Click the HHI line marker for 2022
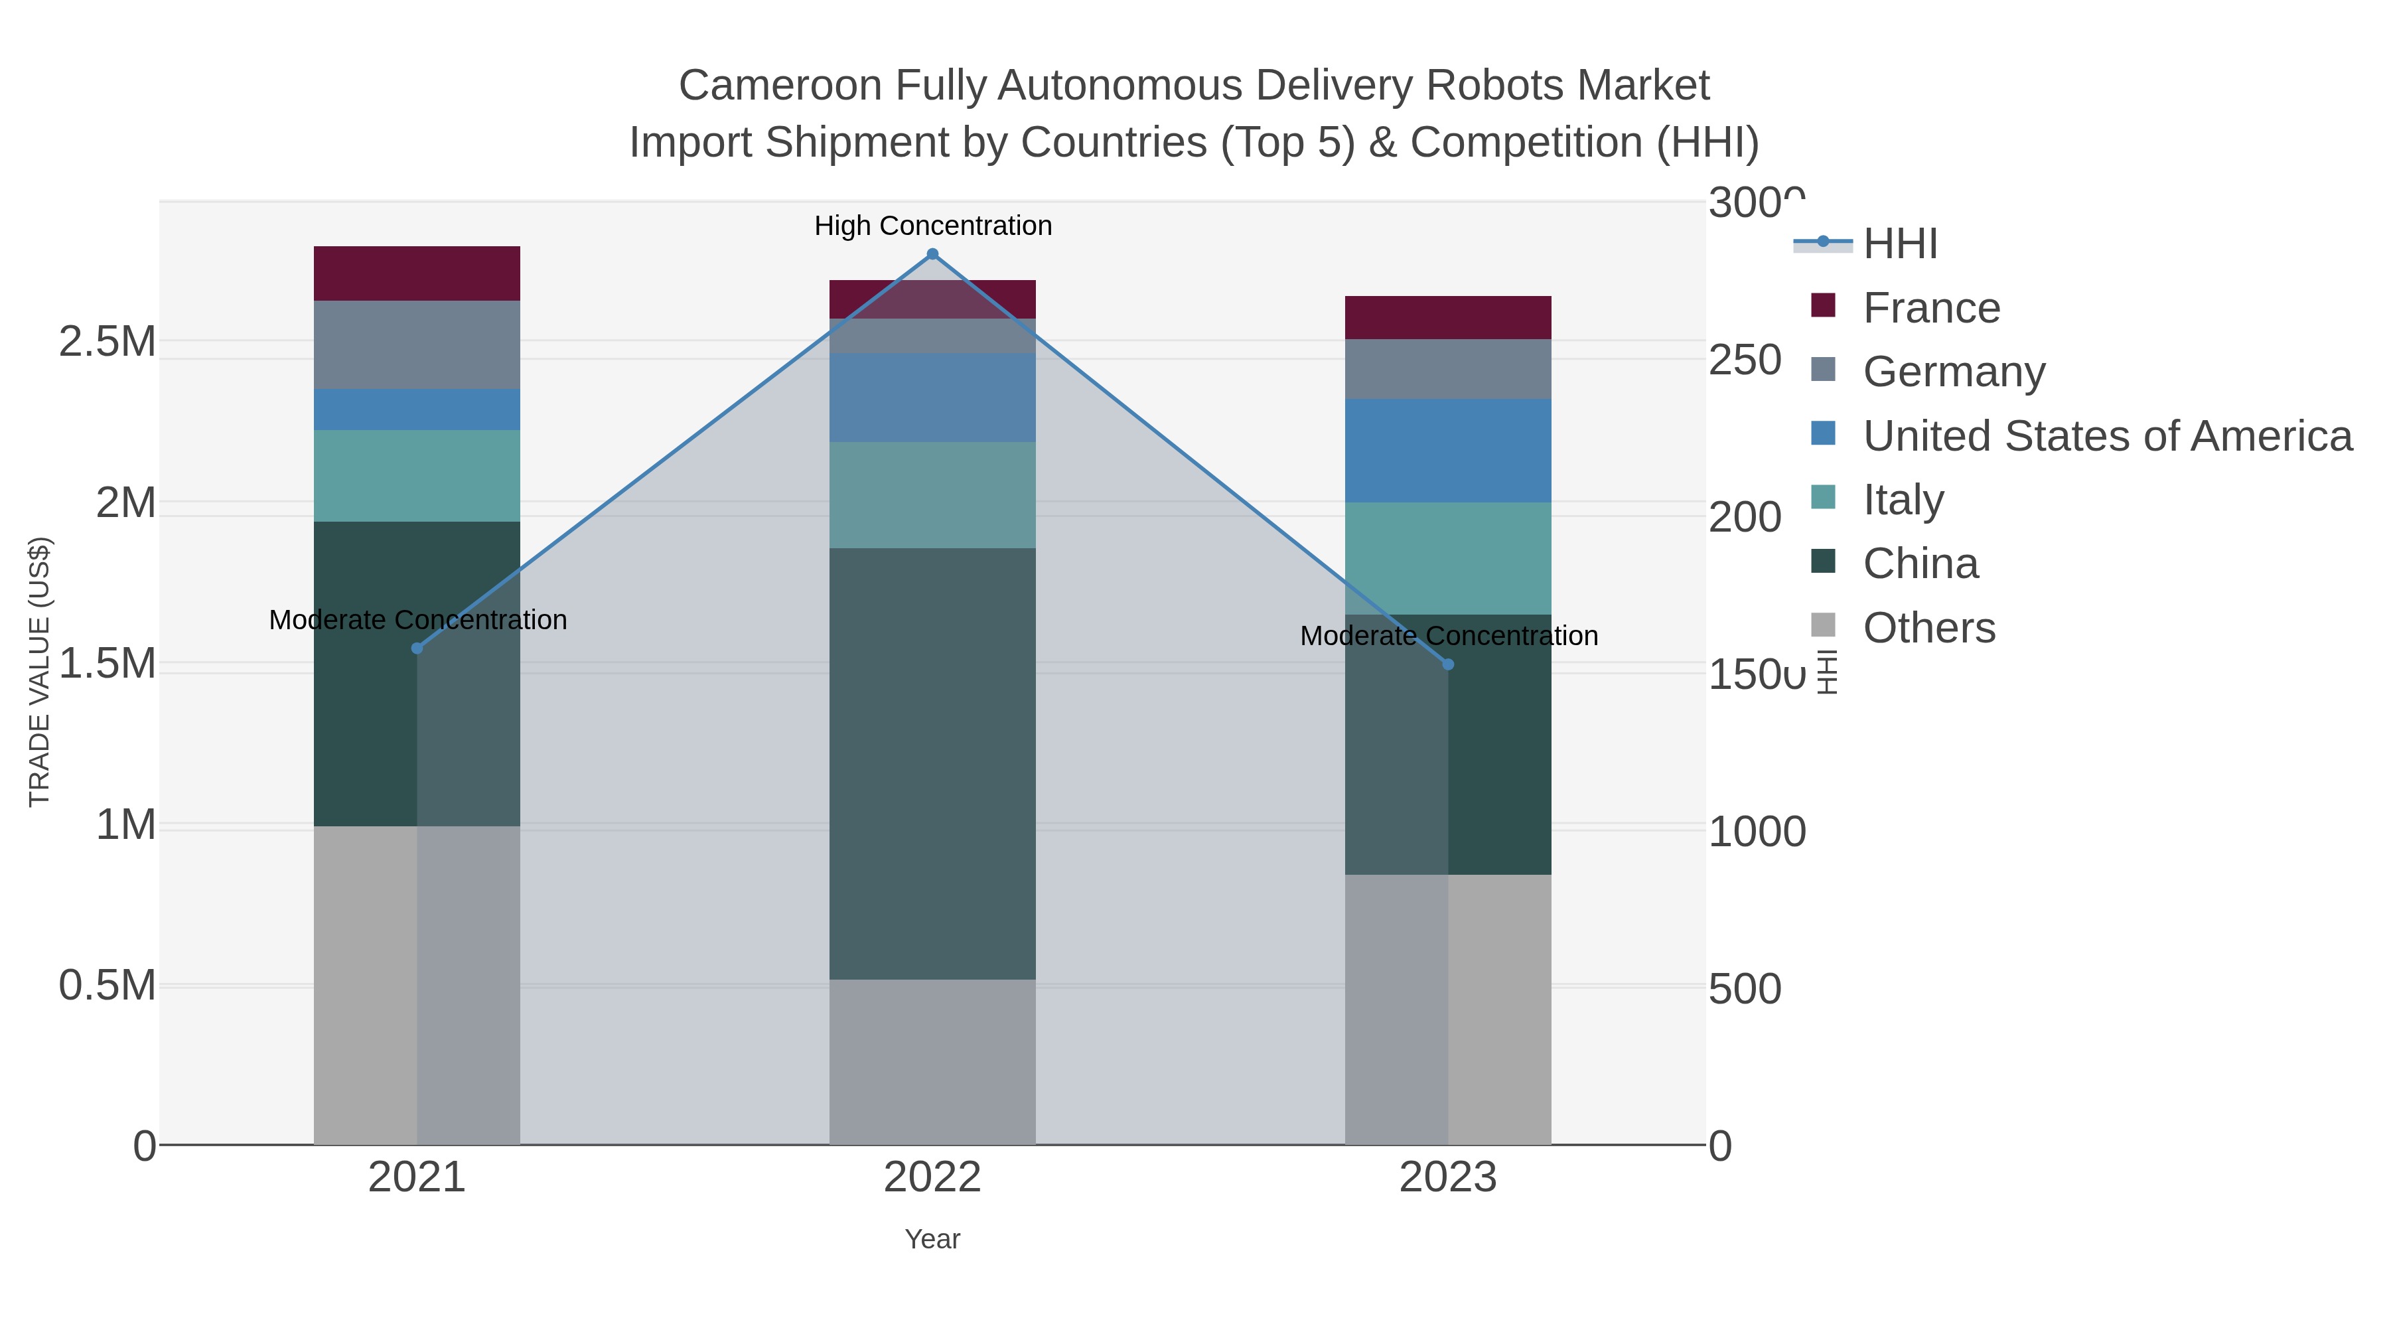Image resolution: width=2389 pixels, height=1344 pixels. pos(932,254)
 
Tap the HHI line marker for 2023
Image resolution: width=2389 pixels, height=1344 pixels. pos(1448,664)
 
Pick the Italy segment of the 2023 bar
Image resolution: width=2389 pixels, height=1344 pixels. pos(1448,558)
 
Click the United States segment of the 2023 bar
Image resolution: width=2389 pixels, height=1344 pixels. pos(1448,450)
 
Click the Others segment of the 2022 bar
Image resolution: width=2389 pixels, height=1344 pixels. pos(932,1061)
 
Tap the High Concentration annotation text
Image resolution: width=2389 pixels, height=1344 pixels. pos(932,226)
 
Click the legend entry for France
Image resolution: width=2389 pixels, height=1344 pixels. pos(1931,308)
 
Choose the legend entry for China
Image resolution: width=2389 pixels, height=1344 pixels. pos(1920,564)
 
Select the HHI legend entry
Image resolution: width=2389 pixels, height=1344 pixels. pos(1899,244)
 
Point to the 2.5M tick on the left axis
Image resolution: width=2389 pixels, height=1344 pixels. pos(107,342)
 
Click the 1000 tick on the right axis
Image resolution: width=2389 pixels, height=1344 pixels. pos(1755,832)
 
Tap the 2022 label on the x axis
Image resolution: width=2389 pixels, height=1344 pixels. pos(932,1178)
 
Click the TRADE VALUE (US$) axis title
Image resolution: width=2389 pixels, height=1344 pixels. pos(39,672)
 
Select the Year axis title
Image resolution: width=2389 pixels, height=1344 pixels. pos(932,1239)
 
